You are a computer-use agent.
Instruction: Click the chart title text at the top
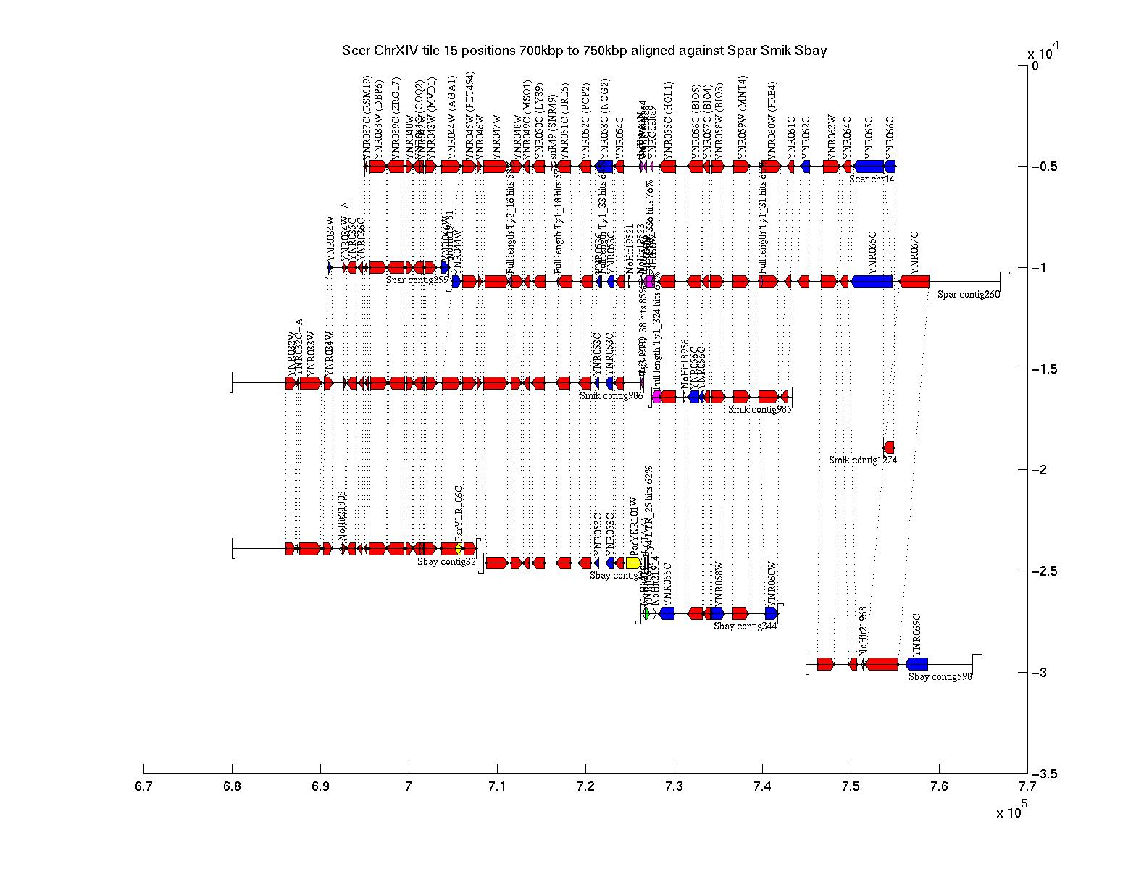pyautogui.click(x=584, y=51)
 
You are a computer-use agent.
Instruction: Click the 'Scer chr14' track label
pyautogui.click(x=872, y=179)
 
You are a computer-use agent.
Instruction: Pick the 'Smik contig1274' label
pyautogui.click(x=863, y=459)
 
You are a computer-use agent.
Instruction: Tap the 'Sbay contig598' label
pyautogui.click(x=940, y=676)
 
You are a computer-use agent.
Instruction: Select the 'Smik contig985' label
pyautogui.click(x=759, y=409)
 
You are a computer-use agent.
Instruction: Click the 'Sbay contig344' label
pyautogui.click(x=745, y=626)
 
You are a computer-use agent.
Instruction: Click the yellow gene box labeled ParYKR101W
pyautogui.click(x=632, y=563)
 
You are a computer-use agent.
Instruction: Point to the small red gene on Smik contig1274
pyautogui.click(x=889, y=447)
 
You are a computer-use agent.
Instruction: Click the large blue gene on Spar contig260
pyautogui.click(x=872, y=281)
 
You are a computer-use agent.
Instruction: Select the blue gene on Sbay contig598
pyautogui.click(x=916, y=663)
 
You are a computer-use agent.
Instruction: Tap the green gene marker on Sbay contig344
pyautogui.click(x=646, y=613)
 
